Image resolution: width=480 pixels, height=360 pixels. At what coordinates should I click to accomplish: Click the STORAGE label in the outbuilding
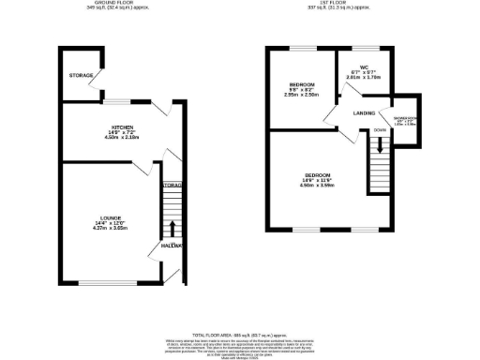pos(79,75)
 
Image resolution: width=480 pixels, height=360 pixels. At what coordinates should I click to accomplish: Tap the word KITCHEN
pos(122,127)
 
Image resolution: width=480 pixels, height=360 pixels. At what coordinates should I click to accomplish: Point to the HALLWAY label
pos(171,245)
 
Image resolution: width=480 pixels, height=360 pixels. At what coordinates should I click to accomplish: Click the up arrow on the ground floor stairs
pos(172,228)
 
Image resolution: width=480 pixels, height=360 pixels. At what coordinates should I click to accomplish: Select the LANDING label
pos(365,114)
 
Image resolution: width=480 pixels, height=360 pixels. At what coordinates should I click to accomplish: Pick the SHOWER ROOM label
pos(404,118)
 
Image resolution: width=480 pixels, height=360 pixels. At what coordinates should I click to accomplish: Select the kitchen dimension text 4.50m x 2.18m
pos(122,138)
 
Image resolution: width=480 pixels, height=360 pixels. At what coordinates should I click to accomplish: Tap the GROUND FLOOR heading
pos(109,3)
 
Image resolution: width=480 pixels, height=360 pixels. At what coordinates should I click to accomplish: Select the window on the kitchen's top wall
pos(116,101)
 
